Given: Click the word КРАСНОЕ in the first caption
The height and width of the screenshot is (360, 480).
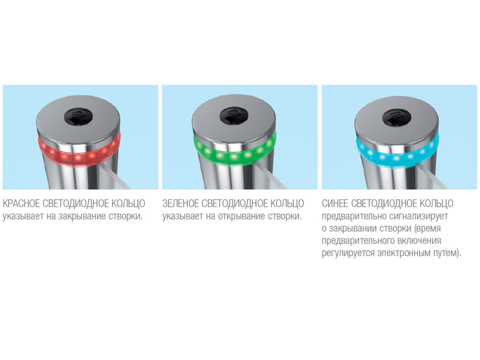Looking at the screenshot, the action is [x=22, y=203].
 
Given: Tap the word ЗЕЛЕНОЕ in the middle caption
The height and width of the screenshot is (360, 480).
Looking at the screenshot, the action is [x=181, y=203].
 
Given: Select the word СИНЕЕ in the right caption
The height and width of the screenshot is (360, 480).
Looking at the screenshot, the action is [x=334, y=203].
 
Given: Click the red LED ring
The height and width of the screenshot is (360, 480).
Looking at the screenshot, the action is [x=78, y=152].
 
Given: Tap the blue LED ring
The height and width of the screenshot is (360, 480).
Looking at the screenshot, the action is [x=397, y=153].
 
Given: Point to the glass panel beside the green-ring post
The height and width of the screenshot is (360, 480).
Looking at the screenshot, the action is [x=271, y=176].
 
